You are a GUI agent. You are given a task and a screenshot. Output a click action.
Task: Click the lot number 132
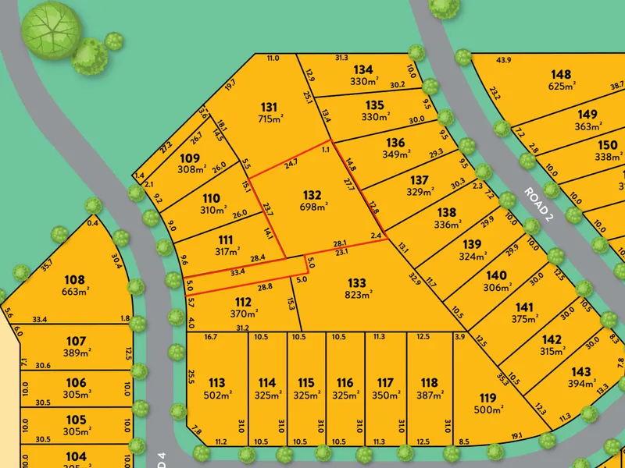(312, 194)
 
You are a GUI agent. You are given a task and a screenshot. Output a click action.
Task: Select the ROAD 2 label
(538, 205)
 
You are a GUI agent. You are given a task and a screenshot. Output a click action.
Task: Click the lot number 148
(561, 74)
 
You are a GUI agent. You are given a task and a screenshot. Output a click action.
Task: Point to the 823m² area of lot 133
(356, 294)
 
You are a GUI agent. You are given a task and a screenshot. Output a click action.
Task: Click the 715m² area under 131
(270, 119)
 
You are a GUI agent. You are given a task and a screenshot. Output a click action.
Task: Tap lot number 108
(74, 279)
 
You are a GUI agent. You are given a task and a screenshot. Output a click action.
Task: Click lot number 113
(216, 383)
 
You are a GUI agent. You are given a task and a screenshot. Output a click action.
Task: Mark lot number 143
(580, 371)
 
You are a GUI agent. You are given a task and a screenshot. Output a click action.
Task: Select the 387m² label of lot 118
(428, 395)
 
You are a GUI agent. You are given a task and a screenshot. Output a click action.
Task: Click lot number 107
(76, 341)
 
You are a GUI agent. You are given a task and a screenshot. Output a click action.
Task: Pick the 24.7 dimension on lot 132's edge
(291, 163)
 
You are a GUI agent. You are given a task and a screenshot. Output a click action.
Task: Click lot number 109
(190, 158)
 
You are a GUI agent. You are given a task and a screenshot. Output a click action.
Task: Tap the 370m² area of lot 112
(243, 314)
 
